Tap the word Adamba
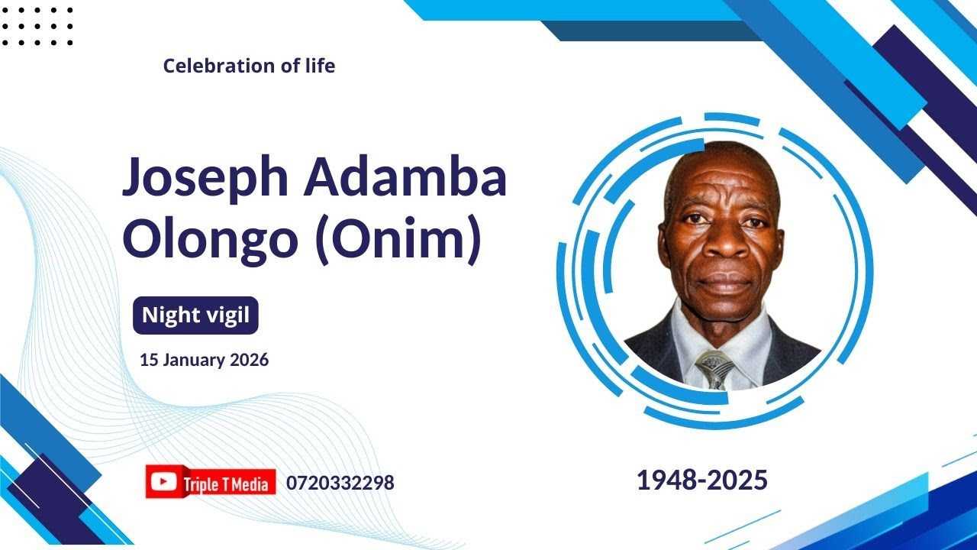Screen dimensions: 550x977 click(405, 176)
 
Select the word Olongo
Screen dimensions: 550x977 click(210, 238)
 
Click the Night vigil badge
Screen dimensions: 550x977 click(195, 315)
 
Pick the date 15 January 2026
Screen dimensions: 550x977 click(204, 360)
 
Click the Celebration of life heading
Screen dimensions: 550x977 click(249, 66)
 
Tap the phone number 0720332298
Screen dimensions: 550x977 click(340, 483)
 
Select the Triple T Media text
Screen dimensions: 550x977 click(225, 484)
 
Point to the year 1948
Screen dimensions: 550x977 click(669, 480)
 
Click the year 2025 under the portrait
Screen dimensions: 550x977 click(737, 480)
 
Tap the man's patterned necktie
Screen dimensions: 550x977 click(715, 368)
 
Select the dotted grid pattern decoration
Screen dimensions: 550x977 click(37, 27)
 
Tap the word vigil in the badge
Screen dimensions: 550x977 click(227, 315)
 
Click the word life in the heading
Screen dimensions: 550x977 click(319, 66)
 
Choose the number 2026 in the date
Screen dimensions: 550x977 click(250, 360)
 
